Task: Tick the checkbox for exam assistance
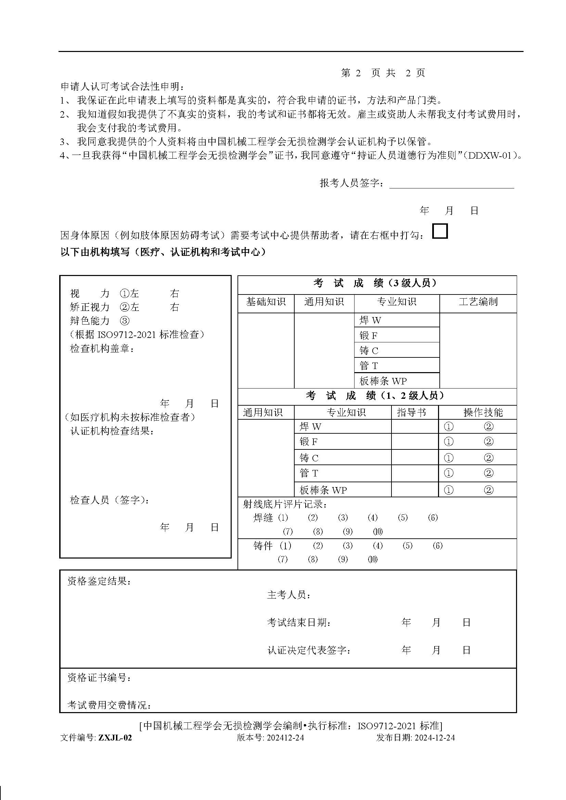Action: tap(439, 231)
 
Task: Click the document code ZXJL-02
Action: tap(115, 738)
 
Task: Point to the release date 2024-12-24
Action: tap(435, 738)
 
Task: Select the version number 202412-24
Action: tap(285, 738)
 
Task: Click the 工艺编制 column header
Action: tap(478, 302)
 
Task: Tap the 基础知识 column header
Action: tap(266, 302)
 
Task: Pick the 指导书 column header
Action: tap(411, 412)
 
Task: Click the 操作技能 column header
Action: tap(483, 412)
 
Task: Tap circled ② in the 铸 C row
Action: tap(489, 458)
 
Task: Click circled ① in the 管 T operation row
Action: tap(449, 473)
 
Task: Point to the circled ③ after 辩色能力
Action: tap(125, 320)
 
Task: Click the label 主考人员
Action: tap(288, 595)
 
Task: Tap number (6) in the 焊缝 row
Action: tap(433, 518)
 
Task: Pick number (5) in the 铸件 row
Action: tap(408, 546)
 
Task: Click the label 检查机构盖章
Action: tap(102, 349)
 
